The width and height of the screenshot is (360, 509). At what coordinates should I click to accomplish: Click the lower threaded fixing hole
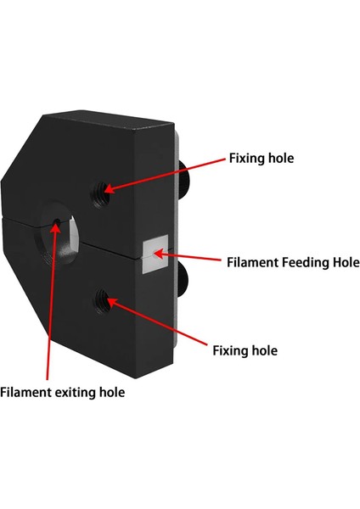(x=104, y=298)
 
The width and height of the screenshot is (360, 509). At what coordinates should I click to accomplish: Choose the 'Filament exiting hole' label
(x=62, y=392)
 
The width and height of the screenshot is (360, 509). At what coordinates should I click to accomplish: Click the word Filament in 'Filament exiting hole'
(x=28, y=392)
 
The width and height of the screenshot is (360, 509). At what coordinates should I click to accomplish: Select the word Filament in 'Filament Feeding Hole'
(x=252, y=262)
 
